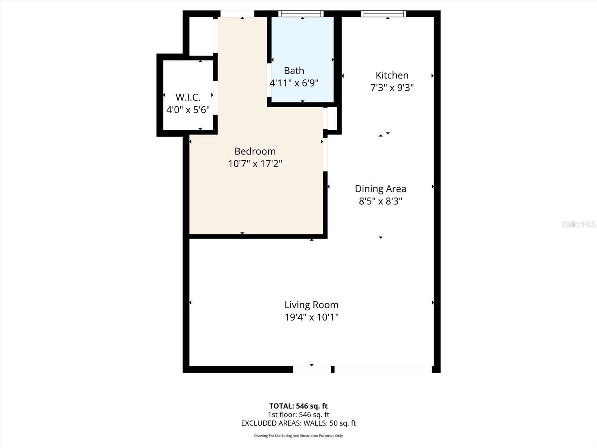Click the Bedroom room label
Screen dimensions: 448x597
(255, 151)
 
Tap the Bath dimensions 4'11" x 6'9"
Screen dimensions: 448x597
(294, 83)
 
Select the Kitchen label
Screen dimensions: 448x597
(392, 75)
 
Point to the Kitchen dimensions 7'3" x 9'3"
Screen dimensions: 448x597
(392, 88)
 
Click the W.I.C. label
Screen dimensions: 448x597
(188, 97)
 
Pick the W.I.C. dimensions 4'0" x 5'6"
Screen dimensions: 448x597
(188, 110)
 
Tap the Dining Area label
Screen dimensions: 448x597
(380, 189)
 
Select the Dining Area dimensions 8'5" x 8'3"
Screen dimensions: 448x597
(380, 201)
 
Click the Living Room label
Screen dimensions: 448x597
(311, 305)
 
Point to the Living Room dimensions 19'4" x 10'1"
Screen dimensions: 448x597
(311, 317)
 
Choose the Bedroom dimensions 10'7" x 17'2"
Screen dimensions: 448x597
(255, 164)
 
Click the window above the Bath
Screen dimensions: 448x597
(301, 14)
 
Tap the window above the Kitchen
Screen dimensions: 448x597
(383, 14)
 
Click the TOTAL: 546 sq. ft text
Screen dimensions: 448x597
(298, 406)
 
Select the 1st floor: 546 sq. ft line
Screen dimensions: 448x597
(298, 414)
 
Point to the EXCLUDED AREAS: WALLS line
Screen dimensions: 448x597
(298, 423)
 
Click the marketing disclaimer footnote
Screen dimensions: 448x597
(298, 436)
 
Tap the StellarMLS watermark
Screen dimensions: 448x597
(578, 224)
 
